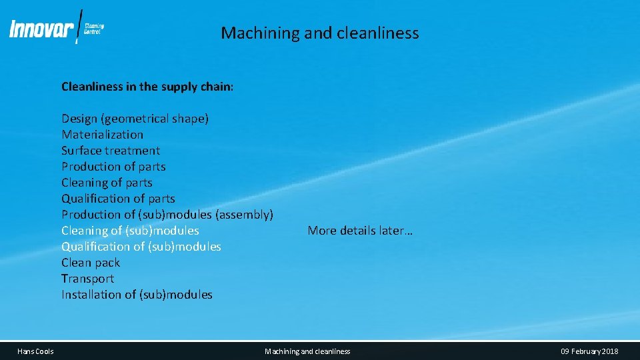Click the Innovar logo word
41,29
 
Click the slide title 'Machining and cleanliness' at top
320,33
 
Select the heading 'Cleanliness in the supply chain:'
147,87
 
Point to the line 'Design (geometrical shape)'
135,119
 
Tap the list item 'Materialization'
102,135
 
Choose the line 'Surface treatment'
111,151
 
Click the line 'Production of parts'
113,167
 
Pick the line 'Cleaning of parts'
107,183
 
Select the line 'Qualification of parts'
118,199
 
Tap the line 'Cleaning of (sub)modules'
130,231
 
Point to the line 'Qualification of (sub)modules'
141,247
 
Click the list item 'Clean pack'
91,263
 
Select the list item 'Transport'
87,279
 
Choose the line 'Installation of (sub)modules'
137,295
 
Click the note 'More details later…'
360,231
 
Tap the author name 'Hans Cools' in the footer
35,351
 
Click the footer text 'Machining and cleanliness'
307,351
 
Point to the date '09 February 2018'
589,351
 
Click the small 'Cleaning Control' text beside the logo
94,29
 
